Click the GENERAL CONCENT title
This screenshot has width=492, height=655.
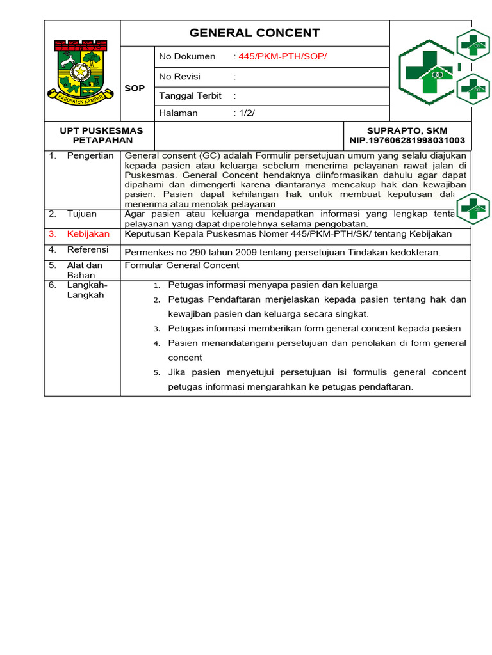[x=254, y=33]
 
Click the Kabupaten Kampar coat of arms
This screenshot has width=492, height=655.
[x=81, y=71]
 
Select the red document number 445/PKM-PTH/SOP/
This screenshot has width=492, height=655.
[x=283, y=57]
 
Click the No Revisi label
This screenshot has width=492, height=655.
[x=179, y=76]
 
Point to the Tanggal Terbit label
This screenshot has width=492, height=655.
[x=190, y=95]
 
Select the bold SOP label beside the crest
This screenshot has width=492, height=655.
[x=135, y=88]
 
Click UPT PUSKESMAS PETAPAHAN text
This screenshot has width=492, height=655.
[x=101, y=136]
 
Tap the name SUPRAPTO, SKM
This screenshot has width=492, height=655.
[x=407, y=131]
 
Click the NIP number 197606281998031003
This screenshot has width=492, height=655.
[x=407, y=141]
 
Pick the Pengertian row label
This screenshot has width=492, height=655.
[x=90, y=156]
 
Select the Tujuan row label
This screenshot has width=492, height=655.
[x=81, y=214]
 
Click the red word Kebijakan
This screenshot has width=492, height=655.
[x=88, y=234]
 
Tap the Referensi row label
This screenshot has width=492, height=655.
[x=88, y=249]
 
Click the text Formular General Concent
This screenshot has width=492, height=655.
[x=182, y=265]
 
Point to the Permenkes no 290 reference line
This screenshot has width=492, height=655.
[x=283, y=252]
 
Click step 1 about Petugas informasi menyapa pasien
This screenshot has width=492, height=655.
[x=272, y=285]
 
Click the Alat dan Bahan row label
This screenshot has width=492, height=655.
[x=85, y=270]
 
